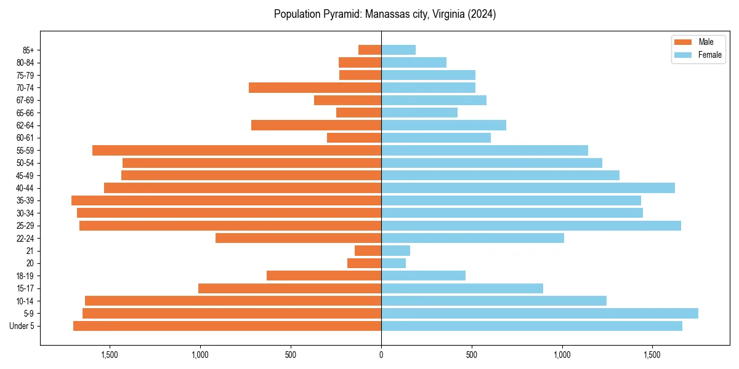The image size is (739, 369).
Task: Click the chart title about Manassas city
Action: click(x=385, y=15)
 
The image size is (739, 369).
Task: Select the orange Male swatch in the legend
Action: click(x=683, y=42)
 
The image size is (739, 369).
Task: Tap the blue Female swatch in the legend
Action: click(x=683, y=55)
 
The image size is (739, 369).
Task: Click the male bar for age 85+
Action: click(x=369, y=50)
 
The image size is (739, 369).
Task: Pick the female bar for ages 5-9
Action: click(x=539, y=313)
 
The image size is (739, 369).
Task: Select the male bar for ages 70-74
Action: click(x=315, y=87)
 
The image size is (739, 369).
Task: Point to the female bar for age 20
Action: click(x=394, y=263)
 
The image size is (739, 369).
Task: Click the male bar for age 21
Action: click(x=368, y=250)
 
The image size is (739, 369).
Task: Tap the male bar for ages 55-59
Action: click(x=236, y=150)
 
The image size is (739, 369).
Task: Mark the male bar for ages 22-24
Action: click(x=298, y=238)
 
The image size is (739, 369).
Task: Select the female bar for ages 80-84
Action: click(x=414, y=62)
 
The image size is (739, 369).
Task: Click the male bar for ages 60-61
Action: click(x=354, y=138)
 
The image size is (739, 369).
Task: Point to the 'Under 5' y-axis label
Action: click(x=22, y=326)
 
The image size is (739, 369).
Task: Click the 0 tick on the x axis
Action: click(x=381, y=354)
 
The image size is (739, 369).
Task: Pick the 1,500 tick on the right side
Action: click(x=652, y=354)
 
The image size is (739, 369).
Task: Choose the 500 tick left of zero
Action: click(x=291, y=354)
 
